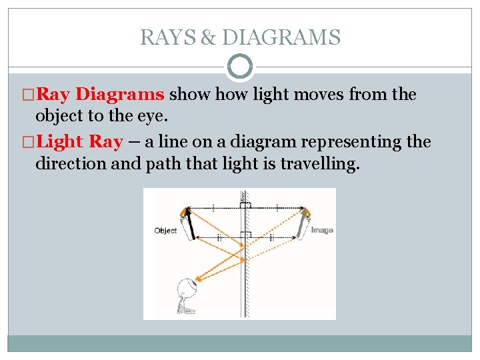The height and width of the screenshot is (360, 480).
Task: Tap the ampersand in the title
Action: click(x=208, y=37)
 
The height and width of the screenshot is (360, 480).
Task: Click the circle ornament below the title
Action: click(x=240, y=67)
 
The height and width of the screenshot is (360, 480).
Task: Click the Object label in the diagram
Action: click(x=165, y=231)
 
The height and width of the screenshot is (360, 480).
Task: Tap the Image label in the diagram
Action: click(x=322, y=230)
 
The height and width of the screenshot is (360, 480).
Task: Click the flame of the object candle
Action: click(x=184, y=213)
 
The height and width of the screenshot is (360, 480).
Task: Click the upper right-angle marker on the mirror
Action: click(x=246, y=205)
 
